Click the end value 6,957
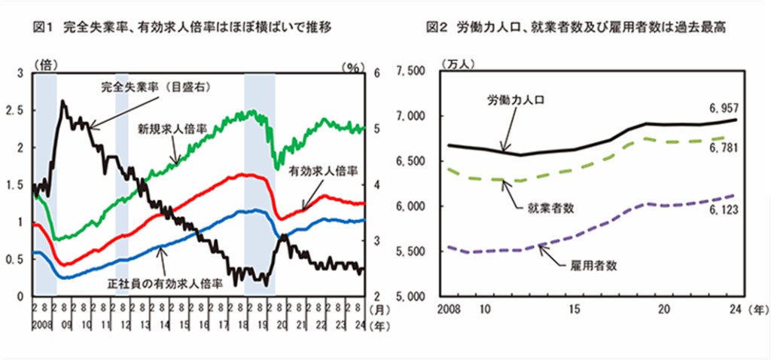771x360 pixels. click(x=722, y=108)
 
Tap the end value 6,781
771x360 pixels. click(x=722, y=148)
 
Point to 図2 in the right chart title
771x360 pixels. click(x=436, y=28)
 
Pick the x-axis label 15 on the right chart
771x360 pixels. click(x=573, y=310)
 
